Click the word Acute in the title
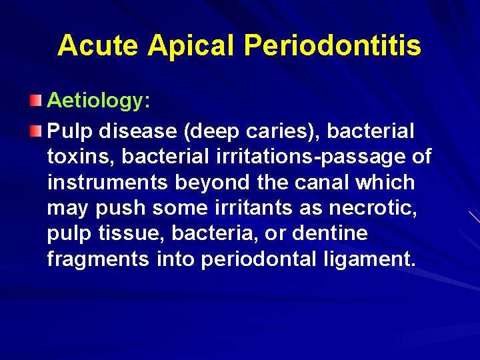coord(98,45)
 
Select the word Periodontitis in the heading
coord(333,45)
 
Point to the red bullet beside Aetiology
coord(35,101)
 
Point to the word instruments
coord(107,182)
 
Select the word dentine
coord(329,233)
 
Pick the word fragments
coord(98,259)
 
